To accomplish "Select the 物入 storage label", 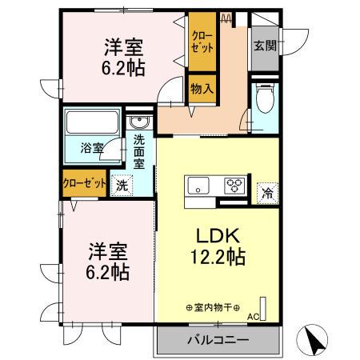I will point(202,89).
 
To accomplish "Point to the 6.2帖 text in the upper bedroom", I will point(123,68).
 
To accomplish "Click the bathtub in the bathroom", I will point(91,124).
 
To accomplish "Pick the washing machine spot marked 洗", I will point(122,183).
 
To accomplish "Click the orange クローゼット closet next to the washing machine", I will point(84,183).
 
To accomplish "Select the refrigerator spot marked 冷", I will point(266,193).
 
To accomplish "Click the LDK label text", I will point(212,236).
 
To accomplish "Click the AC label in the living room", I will point(253,318).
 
